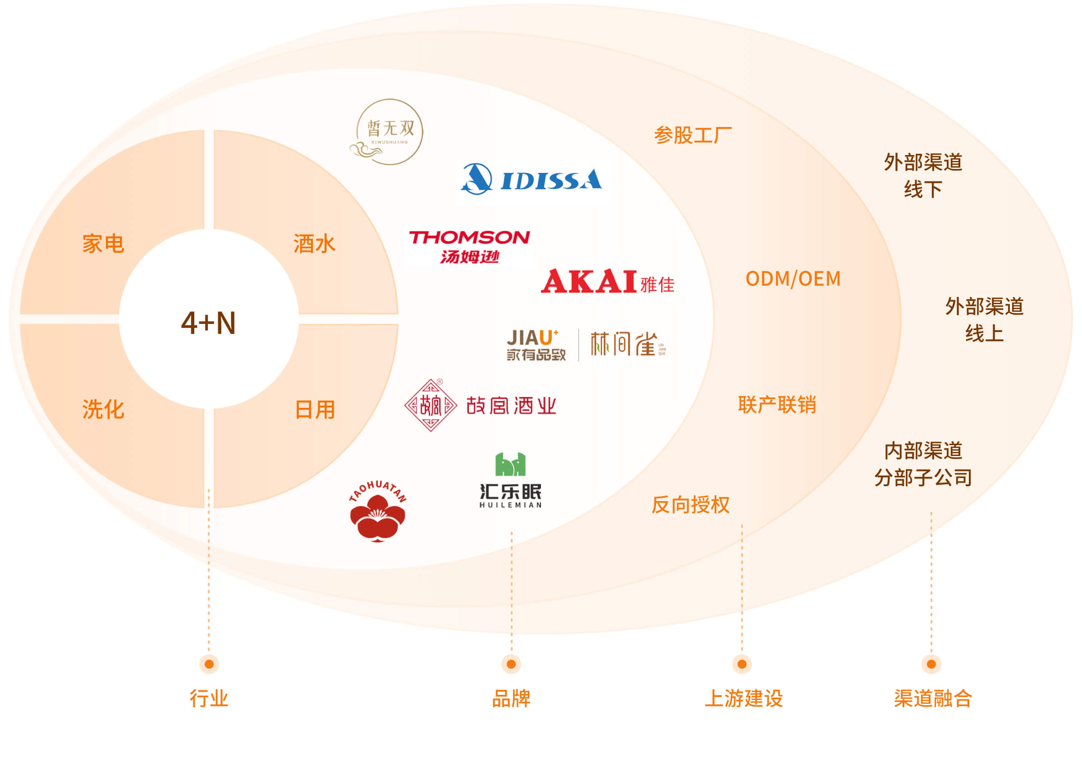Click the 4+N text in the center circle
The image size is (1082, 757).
(x=208, y=323)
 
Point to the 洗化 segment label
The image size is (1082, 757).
(x=103, y=409)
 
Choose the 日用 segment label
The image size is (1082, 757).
(x=314, y=409)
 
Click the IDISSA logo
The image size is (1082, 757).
(x=531, y=179)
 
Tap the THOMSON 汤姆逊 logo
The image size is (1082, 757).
(x=469, y=246)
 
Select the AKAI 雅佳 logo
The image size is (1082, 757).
(x=607, y=282)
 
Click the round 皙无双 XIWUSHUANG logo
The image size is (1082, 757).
(x=389, y=132)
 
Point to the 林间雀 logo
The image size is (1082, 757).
(x=627, y=344)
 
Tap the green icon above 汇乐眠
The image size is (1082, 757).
(x=510, y=465)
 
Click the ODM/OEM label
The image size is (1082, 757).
(x=793, y=279)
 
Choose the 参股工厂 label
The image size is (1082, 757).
(x=693, y=136)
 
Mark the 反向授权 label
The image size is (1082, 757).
(x=690, y=505)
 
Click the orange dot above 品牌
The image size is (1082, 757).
(x=511, y=664)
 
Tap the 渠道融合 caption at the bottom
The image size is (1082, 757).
(x=933, y=698)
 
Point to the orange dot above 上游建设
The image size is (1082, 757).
(x=742, y=664)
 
